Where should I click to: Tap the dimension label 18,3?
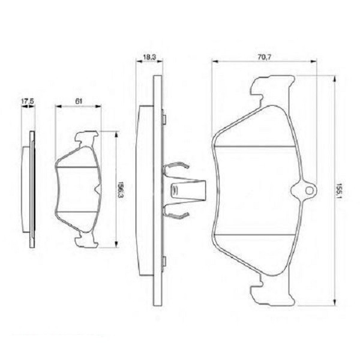click(x=149, y=57)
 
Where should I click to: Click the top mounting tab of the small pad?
click(x=86, y=140)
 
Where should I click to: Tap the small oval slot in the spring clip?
click(x=176, y=191)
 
